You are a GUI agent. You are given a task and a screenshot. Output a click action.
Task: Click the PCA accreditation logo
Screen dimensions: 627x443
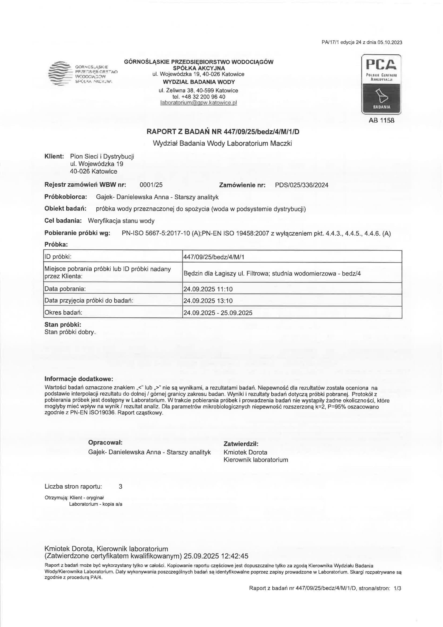coord(381,84)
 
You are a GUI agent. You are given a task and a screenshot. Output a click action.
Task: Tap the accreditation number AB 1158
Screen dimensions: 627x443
coord(381,120)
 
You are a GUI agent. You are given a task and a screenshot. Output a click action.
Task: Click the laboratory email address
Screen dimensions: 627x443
coord(198,103)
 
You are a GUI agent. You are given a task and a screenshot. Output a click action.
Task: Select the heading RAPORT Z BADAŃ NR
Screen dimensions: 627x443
coord(223,132)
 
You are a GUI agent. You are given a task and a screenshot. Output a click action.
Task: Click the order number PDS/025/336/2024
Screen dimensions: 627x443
coord(301,185)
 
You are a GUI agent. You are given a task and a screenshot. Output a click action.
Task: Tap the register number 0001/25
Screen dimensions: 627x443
coord(151,185)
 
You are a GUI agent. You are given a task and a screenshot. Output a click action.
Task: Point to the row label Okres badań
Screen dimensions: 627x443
coord(63,312)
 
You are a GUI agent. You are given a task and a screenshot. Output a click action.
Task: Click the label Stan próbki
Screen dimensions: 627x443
coord(63,325)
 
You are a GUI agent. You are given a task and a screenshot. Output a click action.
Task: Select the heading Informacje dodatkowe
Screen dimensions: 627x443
coord(78,379)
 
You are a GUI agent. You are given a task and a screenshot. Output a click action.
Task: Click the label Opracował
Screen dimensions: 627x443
coord(105,442)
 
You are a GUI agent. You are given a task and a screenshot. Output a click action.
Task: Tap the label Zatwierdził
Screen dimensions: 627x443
coord(241,444)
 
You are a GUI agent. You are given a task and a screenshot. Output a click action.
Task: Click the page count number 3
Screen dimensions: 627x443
coord(121,486)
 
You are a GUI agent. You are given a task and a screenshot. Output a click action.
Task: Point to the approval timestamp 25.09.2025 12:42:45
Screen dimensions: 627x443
coord(216,556)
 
